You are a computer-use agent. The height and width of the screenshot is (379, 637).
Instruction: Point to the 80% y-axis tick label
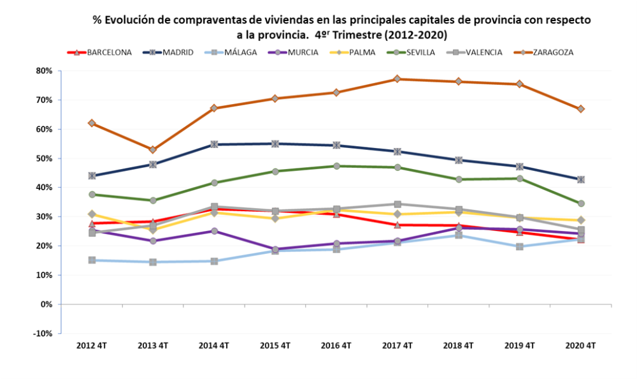(44, 71)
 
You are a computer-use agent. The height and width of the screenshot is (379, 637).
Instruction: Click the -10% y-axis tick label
(43, 334)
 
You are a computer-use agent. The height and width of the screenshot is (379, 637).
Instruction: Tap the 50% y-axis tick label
(44, 158)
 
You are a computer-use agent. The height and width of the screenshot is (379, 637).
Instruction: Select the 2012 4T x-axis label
(92, 346)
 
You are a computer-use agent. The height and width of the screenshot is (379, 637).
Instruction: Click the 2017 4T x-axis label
(397, 346)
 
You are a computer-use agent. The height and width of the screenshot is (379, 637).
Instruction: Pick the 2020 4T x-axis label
(580, 346)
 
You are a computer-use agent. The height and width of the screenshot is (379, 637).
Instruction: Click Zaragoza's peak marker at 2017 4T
(397, 79)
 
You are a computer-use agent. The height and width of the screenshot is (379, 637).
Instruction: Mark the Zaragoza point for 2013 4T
(153, 149)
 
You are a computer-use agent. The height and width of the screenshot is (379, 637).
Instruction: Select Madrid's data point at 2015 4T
(275, 144)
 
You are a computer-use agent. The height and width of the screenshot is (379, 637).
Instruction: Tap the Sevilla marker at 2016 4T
(336, 166)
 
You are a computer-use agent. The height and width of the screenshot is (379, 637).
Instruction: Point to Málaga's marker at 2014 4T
(214, 261)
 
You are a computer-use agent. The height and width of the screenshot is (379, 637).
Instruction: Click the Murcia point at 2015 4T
(275, 249)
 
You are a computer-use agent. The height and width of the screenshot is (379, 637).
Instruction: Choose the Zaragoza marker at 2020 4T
(580, 109)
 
